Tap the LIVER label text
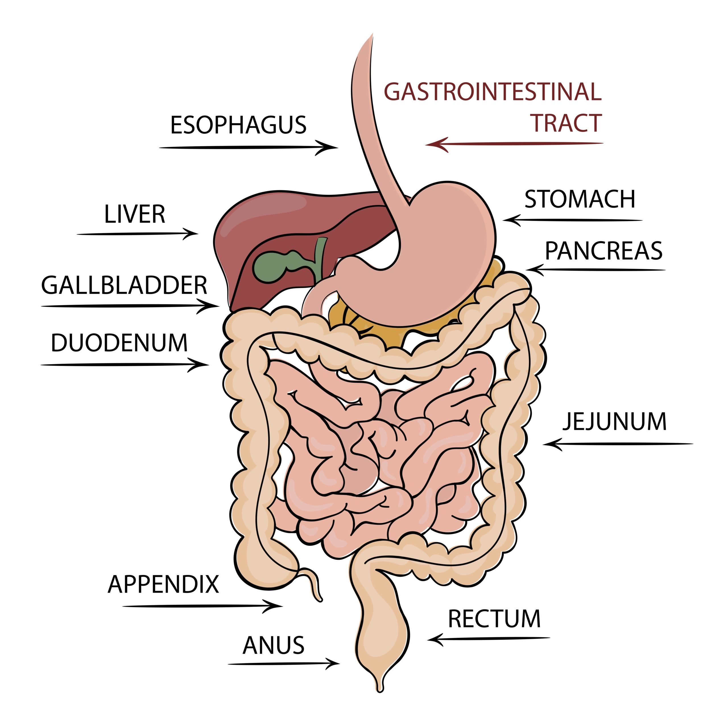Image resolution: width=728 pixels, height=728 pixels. (x=135, y=214)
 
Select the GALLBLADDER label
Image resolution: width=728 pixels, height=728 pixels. (x=124, y=285)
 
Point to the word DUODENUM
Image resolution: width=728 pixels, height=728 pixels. (x=119, y=343)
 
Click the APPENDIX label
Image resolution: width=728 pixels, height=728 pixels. (x=163, y=584)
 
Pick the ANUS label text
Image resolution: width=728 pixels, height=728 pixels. (x=273, y=646)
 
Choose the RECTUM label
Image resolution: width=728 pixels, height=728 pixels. (x=494, y=619)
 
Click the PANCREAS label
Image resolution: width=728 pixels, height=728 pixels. (x=604, y=251)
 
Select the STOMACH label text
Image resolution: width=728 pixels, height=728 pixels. (x=580, y=199)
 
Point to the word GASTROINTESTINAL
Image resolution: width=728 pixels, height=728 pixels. (x=493, y=92)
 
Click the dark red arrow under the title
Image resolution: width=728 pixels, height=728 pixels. (x=514, y=144)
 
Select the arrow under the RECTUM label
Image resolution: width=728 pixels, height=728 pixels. (x=489, y=639)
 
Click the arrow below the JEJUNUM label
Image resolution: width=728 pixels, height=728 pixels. (x=618, y=444)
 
